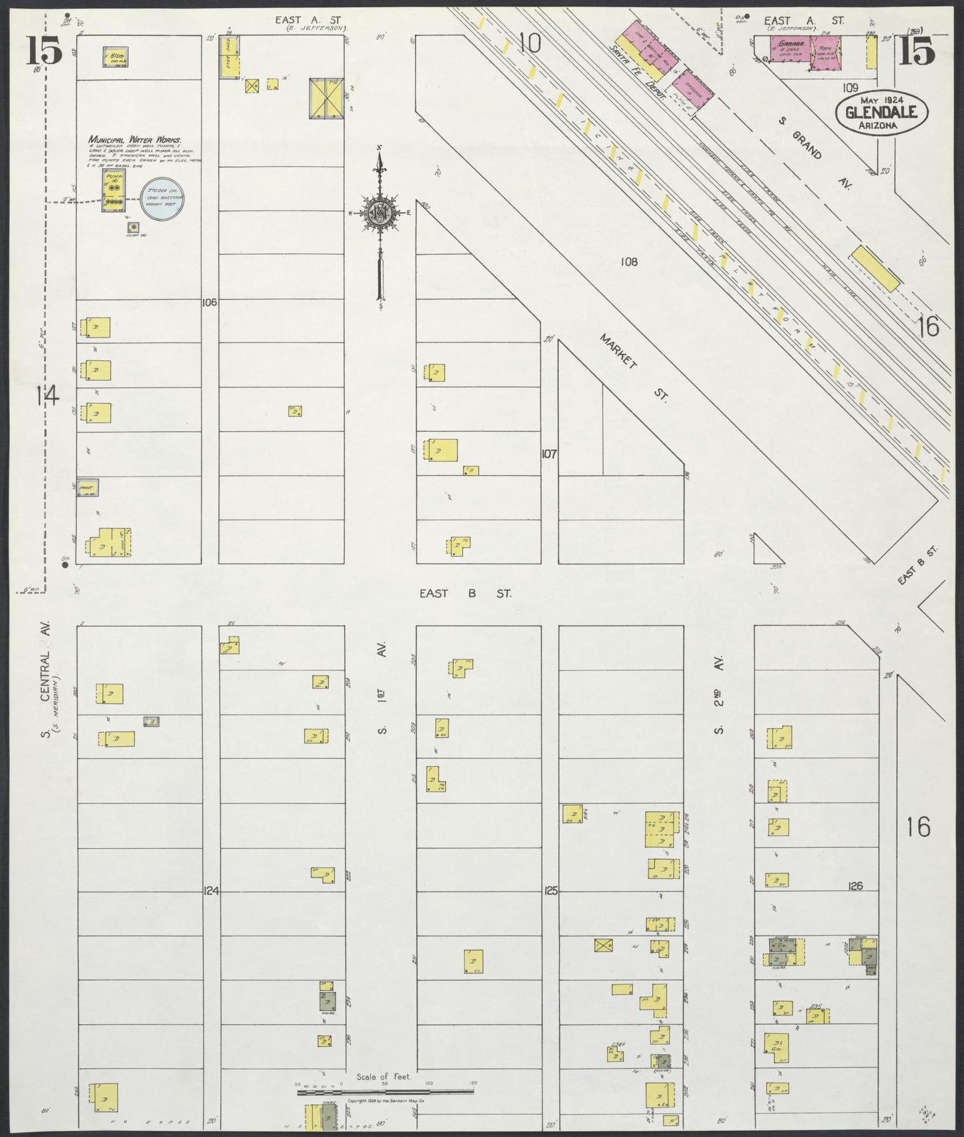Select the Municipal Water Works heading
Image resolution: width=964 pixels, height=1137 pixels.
(x=135, y=141)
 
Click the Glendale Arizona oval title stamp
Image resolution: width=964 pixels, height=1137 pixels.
(x=876, y=112)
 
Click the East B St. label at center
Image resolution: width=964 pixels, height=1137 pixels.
(x=466, y=593)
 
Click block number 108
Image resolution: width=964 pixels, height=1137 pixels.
(x=628, y=262)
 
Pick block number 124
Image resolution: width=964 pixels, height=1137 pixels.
(x=211, y=891)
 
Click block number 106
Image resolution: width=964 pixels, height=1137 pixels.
(x=209, y=302)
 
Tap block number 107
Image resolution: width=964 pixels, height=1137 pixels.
(x=548, y=454)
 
